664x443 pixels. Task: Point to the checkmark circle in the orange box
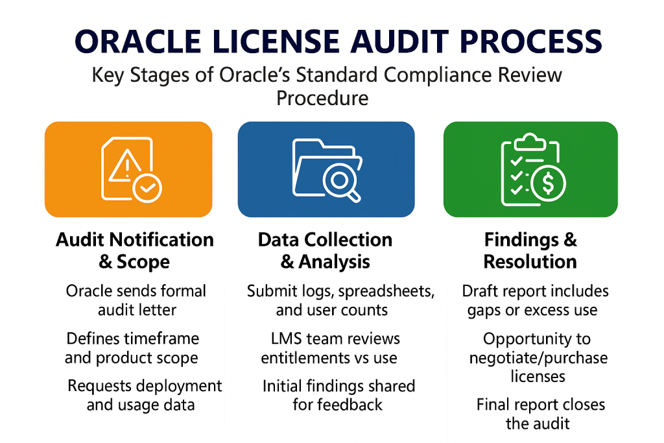click(148, 187)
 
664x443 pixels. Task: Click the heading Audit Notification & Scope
click(135, 250)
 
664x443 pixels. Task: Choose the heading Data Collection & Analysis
click(325, 250)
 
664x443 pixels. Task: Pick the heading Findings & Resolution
click(530, 250)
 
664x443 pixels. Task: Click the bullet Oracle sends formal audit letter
click(136, 300)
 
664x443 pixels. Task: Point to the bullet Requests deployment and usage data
click(145, 395)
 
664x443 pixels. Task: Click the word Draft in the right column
click(482, 291)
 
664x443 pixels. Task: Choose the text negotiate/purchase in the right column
click(530, 357)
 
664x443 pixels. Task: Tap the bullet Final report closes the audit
click(540, 414)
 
